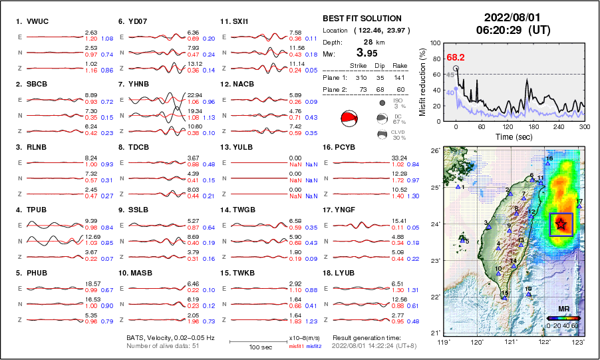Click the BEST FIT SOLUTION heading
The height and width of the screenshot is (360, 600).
(x=362, y=19)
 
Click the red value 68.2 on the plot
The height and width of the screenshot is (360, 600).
(x=456, y=58)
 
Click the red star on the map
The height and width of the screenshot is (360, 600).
(x=561, y=224)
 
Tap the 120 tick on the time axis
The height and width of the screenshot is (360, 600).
(x=508, y=126)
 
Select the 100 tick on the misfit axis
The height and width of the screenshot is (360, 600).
(x=436, y=43)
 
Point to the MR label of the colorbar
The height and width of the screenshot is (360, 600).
(x=562, y=309)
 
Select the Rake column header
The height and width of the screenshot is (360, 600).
(x=400, y=66)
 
